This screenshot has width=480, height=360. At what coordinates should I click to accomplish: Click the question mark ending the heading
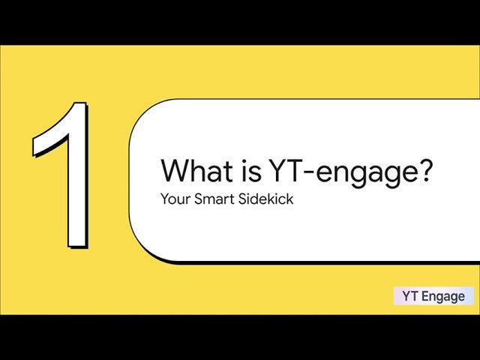click(x=424, y=172)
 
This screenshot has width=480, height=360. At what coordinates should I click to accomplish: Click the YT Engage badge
click(x=433, y=295)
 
